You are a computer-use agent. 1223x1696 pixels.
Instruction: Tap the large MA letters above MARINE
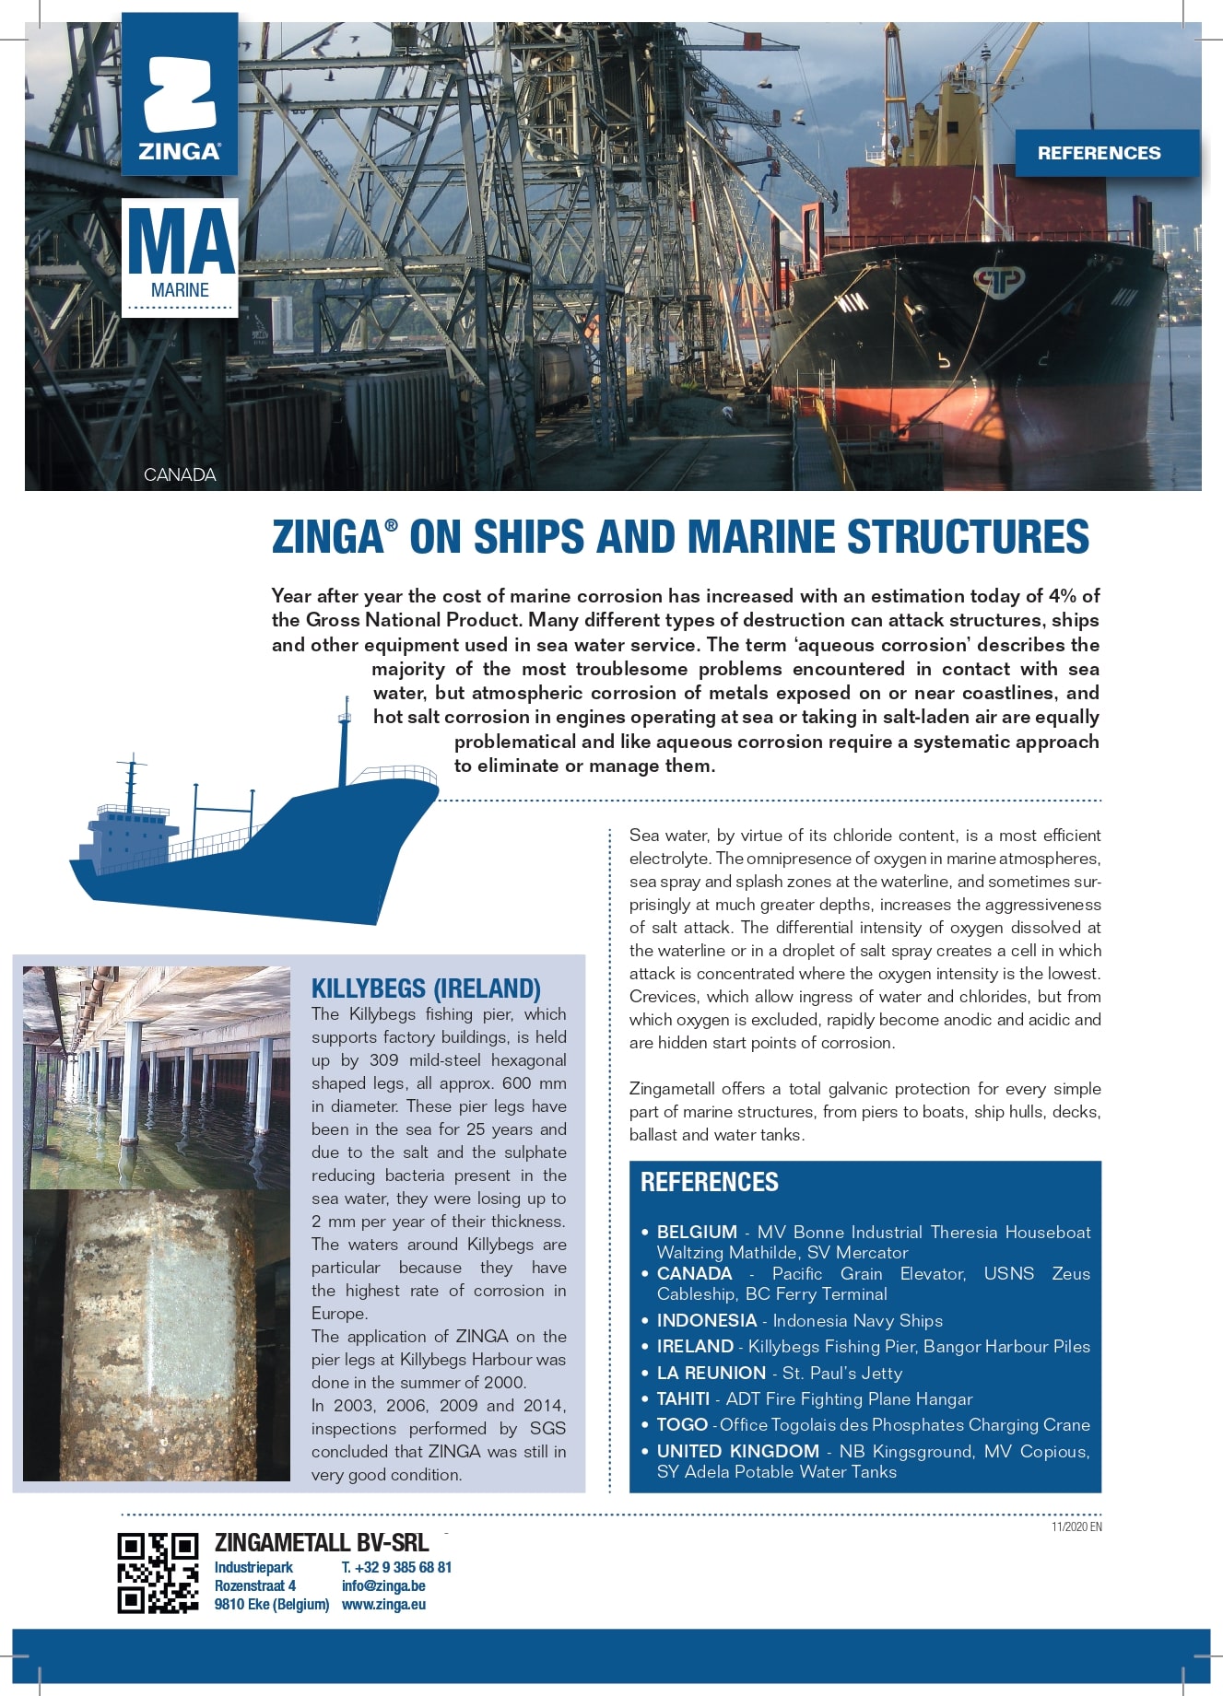tap(181, 241)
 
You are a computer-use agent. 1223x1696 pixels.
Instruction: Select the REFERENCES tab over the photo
tap(1099, 153)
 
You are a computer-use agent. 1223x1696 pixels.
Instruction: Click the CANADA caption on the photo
tap(180, 474)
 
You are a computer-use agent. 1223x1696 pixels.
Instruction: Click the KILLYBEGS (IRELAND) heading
tap(426, 988)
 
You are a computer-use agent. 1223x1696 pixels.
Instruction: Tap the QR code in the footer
tap(158, 1572)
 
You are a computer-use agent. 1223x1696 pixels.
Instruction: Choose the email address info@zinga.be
tap(383, 1585)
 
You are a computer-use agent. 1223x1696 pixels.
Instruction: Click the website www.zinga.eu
tap(383, 1604)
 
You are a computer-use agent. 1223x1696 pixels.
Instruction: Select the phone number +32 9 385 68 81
tap(396, 1567)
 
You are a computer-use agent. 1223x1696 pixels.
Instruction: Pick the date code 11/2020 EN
tap(1076, 1526)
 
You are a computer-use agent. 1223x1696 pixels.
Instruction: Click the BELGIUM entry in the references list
tap(697, 1232)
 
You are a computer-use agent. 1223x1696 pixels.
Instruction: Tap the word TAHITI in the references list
tap(683, 1398)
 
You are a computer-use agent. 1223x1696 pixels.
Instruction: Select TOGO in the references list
tap(682, 1424)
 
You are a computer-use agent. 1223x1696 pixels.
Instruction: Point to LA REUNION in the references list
tap(711, 1373)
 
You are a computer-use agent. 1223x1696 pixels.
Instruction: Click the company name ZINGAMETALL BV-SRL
tap(322, 1542)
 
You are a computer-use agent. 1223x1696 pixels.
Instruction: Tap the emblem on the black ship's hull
tap(997, 280)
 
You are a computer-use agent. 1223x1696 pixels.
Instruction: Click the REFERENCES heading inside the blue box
tap(710, 1182)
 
